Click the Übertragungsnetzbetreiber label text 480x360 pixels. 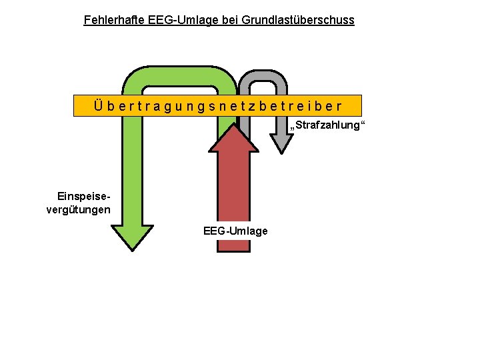[217, 106]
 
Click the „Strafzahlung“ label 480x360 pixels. [329, 125]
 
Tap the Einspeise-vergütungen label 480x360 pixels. [79, 203]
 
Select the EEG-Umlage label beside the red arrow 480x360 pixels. [235, 231]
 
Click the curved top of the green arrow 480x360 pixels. [180, 75]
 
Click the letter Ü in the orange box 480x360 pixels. [99, 106]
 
